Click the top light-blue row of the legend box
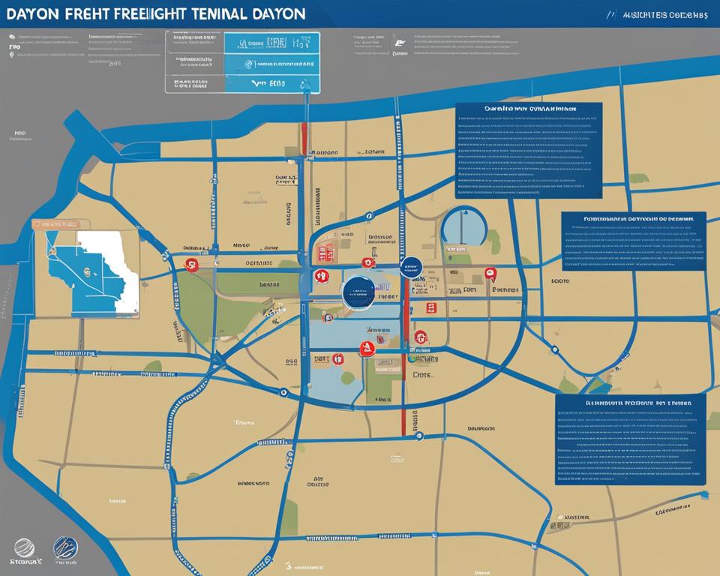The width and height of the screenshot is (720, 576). [x=271, y=43]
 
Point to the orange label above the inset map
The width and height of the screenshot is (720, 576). [x=57, y=223]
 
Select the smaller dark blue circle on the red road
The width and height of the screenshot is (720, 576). [x=410, y=268]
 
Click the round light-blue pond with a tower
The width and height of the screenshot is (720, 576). [x=463, y=226]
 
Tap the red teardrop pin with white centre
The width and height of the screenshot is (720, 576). [x=490, y=274]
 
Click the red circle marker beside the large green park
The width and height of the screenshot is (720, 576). [x=190, y=264]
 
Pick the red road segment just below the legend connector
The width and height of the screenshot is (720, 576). [x=304, y=135]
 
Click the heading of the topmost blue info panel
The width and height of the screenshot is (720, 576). [x=529, y=109]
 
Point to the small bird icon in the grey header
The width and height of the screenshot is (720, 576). [x=398, y=43]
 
